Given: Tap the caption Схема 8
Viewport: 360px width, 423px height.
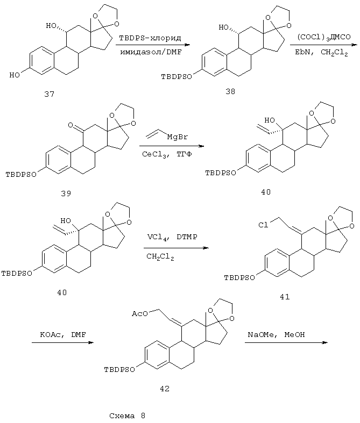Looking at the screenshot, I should (x=127, y=415).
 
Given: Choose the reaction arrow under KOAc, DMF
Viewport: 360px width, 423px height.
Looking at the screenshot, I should (x=60, y=343).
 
